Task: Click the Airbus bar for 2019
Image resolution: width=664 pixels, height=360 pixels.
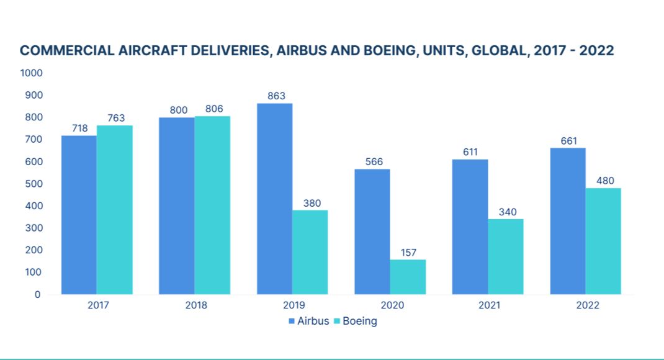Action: tap(274, 199)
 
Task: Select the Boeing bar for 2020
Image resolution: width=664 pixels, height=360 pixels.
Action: tap(408, 277)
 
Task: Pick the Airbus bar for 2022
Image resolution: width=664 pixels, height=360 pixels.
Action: tap(568, 221)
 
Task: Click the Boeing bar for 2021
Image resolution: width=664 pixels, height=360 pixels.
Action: tap(506, 256)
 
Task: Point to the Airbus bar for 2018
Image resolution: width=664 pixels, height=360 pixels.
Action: tap(177, 205)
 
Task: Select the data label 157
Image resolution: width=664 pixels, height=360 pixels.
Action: tap(408, 253)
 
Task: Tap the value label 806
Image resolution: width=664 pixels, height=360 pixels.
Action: tap(213, 109)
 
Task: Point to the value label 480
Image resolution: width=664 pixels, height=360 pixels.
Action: tap(604, 181)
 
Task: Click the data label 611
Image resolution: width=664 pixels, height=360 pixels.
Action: tap(469, 153)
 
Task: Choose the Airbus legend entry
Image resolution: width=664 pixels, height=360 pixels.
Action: tap(308, 321)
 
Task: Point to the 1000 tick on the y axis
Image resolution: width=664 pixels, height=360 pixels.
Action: tap(31, 73)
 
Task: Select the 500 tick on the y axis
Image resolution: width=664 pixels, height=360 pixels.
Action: tap(34, 184)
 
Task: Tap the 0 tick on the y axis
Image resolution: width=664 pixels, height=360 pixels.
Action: tap(37, 294)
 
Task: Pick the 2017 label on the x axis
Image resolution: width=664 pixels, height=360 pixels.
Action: tap(97, 305)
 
